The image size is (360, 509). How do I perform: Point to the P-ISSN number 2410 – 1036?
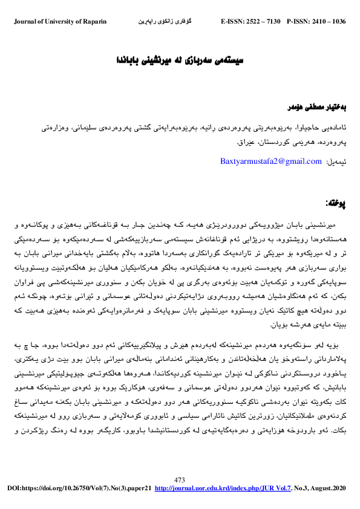coord(329,22)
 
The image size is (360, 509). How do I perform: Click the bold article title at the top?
coord(178,62)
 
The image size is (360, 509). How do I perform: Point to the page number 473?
coord(180,479)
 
